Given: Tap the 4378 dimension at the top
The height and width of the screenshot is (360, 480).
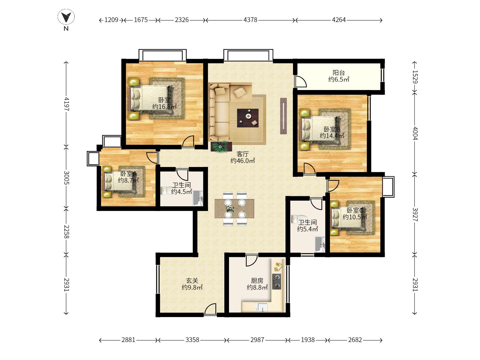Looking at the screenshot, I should [x=250, y=20].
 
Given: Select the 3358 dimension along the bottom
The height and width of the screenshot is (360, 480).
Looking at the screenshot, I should [x=192, y=340].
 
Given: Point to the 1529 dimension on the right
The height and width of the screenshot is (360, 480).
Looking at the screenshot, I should [x=415, y=76].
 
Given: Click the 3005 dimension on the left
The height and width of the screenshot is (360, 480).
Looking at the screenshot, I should [x=66, y=178].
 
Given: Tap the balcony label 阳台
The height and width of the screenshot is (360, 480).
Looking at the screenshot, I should [x=339, y=73].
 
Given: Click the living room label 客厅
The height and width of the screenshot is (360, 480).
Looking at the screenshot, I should [x=243, y=154].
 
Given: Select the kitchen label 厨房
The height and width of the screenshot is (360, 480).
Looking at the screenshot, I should [x=257, y=281].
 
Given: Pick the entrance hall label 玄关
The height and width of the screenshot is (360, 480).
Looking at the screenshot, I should [x=192, y=281].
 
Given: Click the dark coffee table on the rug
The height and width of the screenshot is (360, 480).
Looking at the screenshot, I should [x=248, y=118].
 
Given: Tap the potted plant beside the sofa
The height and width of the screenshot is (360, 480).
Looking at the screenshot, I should [x=220, y=147].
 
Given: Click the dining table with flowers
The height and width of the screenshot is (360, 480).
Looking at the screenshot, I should [x=234, y=209].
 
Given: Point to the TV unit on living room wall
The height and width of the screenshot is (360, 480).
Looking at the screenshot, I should [x=283, y=116].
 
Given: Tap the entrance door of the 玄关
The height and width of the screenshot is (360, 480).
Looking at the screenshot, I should [x=210, y=310].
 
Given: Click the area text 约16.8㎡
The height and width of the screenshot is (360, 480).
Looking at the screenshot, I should [x=164, y=107].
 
